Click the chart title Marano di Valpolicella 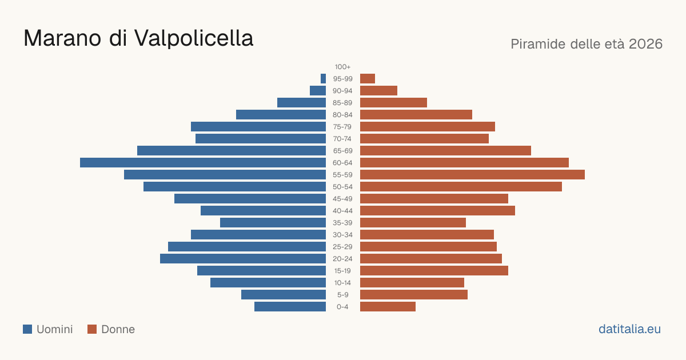point(138,38)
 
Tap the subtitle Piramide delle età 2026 point(587,44)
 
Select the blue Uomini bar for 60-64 point(203,162)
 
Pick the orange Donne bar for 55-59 point(472,174)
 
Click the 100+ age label point(342,67)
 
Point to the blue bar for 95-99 point(323,79)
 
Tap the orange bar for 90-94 point(378,91)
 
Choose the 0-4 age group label point(342,307)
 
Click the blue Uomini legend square point(27,329)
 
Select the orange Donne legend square point(92,329)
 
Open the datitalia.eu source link point(629,329)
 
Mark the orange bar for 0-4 point(388,307)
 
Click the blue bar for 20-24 point(243,259)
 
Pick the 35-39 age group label point(342,222)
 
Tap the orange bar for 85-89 point(393,102)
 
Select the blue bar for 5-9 point(284,294)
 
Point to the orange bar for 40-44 point(438,211)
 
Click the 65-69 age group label point(342,151)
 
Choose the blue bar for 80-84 point(281,114)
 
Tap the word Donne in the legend point(118,329)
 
